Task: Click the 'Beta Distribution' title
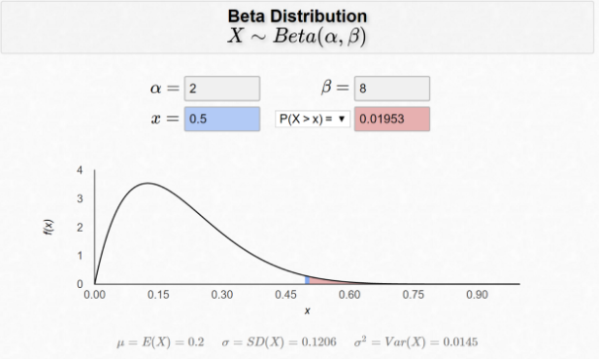298,16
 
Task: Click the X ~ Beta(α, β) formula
298,37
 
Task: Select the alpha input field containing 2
222,89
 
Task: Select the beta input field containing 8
392,89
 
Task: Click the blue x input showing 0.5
222,119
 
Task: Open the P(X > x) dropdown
312,119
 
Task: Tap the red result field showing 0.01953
392,119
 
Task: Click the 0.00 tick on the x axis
95,294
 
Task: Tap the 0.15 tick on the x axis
159,294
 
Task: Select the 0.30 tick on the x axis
222,294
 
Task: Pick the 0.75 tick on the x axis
413,294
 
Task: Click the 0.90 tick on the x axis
478,294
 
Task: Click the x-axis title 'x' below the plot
307,312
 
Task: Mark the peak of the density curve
147,183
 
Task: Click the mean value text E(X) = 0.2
160,341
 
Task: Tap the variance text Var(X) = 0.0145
416,341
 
